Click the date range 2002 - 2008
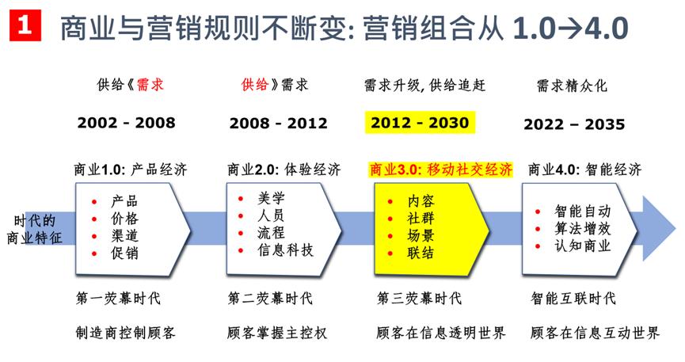click(x=126, y=123)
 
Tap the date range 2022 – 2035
click(x=573, y=124)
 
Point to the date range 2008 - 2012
click(x=278, y=123)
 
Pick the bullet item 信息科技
click(x=285, y=250)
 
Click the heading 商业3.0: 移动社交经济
click(x=441, y=170)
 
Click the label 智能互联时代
click(x=573, y=299)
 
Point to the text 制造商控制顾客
click(x=122, y=332)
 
